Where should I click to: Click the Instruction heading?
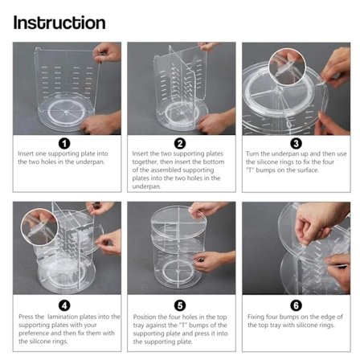coord(59,22)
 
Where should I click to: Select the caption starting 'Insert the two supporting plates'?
coord(179,170)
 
